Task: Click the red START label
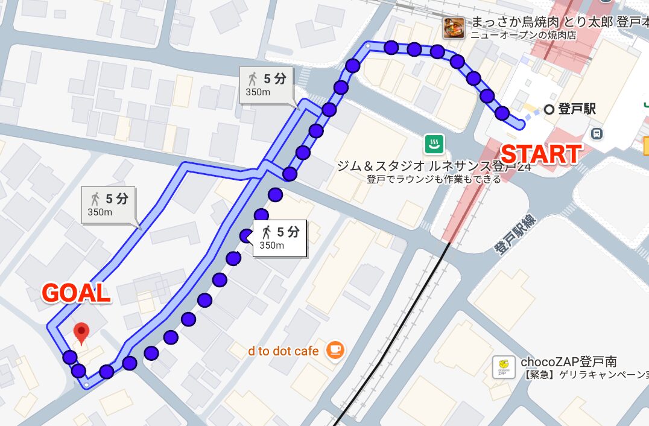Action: [541, 154]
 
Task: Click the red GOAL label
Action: [76, 293]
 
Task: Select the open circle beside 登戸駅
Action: [548, 109]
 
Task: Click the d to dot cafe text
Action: [283, 351]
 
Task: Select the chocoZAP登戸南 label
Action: [568, 361]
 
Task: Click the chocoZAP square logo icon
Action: [504, 367]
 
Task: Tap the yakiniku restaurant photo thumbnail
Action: [453, 28]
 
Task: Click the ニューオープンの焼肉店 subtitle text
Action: [523, 36]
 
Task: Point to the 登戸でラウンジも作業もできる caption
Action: [433, 179]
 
